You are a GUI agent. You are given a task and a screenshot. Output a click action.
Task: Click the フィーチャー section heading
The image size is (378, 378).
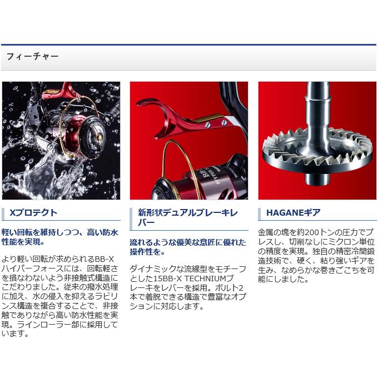32,57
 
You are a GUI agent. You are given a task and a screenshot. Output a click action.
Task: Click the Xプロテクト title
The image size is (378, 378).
33,212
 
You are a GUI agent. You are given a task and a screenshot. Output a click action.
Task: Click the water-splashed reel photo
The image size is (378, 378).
61,141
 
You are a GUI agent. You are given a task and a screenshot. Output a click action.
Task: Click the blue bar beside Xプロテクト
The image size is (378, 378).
4,212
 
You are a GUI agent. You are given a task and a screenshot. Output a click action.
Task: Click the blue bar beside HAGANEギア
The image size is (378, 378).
261,212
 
